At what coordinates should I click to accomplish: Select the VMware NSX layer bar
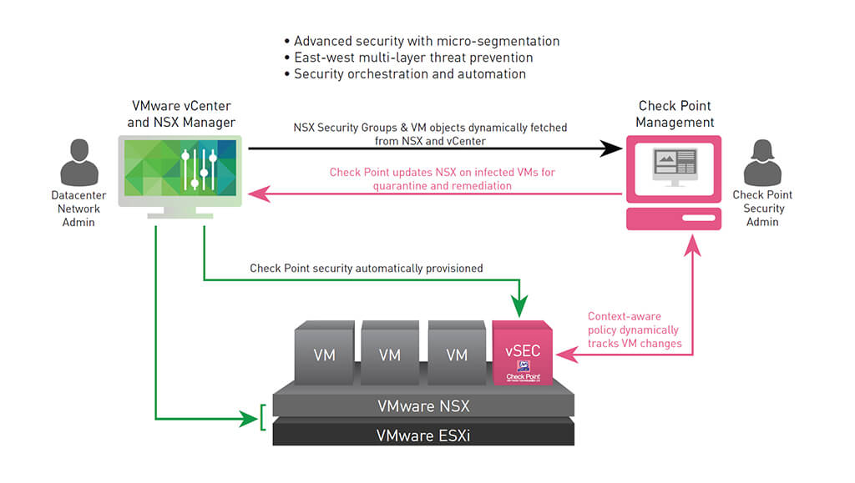(423, 406)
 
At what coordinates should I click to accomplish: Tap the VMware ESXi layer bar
(423, 434)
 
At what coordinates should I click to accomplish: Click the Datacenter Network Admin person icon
(79, 164)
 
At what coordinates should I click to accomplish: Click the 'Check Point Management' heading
(675, 114)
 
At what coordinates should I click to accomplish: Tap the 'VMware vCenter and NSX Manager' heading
(181, 114)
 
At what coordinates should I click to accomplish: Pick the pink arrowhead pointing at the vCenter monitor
(261, 194)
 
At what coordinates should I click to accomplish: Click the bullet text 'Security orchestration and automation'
(409, 74)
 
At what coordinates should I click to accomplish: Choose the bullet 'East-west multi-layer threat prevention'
(412, 58)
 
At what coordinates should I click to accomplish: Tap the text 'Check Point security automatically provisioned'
(366, 269)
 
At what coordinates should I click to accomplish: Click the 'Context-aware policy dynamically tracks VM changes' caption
(634, 330)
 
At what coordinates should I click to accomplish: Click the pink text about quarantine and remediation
(443, 179)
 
